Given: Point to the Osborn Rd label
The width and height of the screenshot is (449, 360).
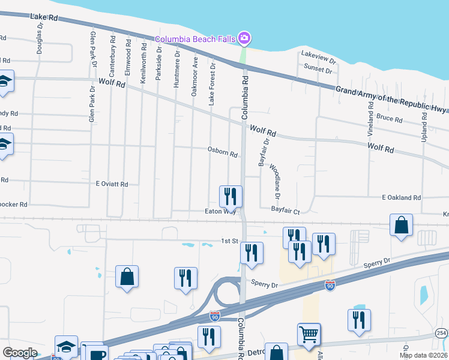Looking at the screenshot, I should pyautogui.click(x=223, y=154).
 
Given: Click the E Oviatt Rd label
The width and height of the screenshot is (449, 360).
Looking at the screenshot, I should pyautogui.click(x=112, y=184).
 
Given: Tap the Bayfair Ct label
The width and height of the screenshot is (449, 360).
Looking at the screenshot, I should pyautogui.click(x=285, y=211).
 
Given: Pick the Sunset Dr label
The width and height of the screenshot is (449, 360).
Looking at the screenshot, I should pyautogui.click(x=318, y=70).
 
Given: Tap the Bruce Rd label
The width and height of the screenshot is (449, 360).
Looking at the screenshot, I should pyautogui.click(x=390, y=119).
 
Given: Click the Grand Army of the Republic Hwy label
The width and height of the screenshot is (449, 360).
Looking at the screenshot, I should pyautogui.click(x=391, y=99).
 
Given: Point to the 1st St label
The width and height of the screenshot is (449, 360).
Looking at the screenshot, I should pyautogui.click(x=230, y=241).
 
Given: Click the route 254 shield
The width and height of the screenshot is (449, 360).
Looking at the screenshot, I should pyautogui.click(x=442, y=333).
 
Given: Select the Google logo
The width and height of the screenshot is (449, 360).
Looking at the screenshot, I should pyautogui.click(x=20, y=352).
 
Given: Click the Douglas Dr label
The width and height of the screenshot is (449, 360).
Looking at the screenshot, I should pyautogui.click(x=40, y=34).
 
